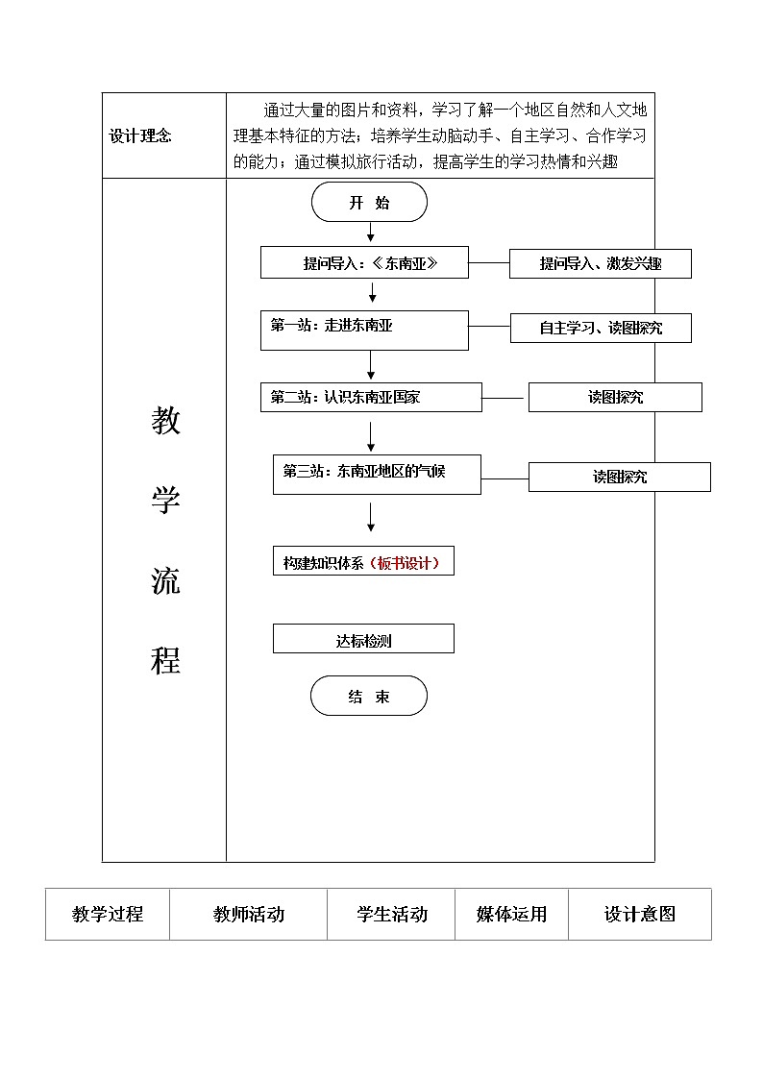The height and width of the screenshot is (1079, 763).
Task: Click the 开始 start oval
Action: pyautogui.click(x=369, y=203)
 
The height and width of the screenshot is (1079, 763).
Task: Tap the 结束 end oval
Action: pyautogui.click(x=368, y=697)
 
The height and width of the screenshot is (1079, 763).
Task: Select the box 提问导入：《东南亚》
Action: pyautogui.click(x=364, y=263)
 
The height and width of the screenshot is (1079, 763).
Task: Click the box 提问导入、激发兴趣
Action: pyautogui.click(x=600, y=263)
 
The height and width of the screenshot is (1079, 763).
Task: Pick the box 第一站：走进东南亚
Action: pyautogui.click(x=364, y=330)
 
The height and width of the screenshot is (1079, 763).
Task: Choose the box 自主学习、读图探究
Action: pyautogui.click(x=600, y=328)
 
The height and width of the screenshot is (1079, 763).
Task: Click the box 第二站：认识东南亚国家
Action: pyautogui.click(x=371, y=397)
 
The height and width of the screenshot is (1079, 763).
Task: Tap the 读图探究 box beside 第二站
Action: pyautogui.click(x=615, y=397)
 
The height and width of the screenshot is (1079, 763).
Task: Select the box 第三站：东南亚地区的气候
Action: pyautogui.click(x=377, y=475)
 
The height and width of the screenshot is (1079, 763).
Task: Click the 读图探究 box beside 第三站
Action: pyautogui.click(x=619, y=477)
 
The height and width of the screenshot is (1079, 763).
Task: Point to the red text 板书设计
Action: pyautogui.click(x=407, y=564)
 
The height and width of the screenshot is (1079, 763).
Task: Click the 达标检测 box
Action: pyautogui.click(x=363, y=639)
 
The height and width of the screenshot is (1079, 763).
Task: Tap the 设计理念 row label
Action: pyautogui.click(x=140, y=136)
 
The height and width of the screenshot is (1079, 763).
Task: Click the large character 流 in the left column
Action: pyautogui.click(x=165, y=581)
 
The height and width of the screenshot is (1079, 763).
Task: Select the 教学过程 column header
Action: pyautogui.click(x=108, y=915)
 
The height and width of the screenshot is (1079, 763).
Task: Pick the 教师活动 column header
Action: pyautogui.click(x=249, y=915)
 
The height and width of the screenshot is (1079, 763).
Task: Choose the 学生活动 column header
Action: pyautogui.click(x=391, y=915)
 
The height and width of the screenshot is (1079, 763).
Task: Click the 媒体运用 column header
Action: pyautogui.click(x=511, y=915)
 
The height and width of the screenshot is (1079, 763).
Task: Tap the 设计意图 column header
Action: pyautogui.click(x=639, y=915)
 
